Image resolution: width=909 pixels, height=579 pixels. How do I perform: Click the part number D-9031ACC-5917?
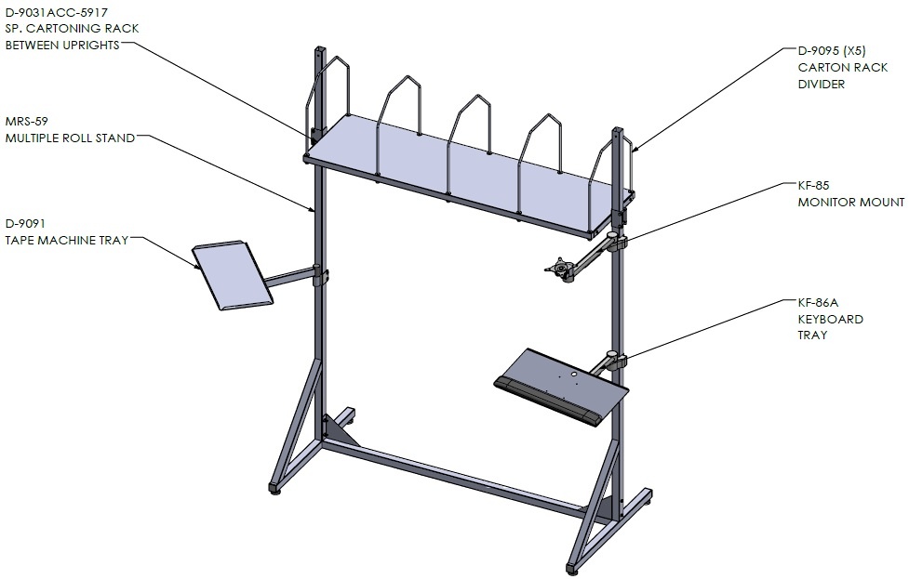[x=56, y=12]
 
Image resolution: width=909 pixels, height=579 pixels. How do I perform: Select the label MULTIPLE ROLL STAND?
[x=70, y=138]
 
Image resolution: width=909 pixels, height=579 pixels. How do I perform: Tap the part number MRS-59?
[x=27, y=122]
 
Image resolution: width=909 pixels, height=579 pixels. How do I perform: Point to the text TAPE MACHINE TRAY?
[x=67, y=241]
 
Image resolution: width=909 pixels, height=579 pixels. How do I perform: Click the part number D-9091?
[x=25, y=223]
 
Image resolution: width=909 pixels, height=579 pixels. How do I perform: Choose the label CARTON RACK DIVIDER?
[x=842, y=75]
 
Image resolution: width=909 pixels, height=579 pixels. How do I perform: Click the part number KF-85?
[x=813, y=186]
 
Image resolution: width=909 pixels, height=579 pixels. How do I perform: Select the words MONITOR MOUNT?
[x=851, y=202]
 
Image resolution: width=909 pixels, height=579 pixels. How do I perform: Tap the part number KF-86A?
[x=818, y=302]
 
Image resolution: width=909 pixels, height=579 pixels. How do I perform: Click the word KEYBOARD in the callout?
[x=830, y=319]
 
